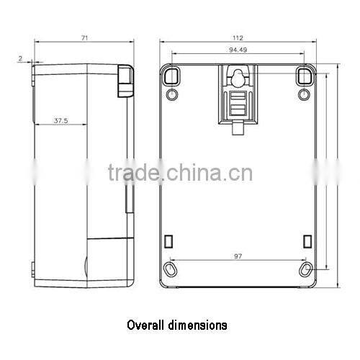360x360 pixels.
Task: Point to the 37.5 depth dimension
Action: tap(60, 121)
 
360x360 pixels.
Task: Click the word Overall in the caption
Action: tap(148, 325)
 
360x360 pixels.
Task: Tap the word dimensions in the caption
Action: tap(199, 325)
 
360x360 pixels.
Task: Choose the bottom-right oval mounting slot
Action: tap(307, 269)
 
